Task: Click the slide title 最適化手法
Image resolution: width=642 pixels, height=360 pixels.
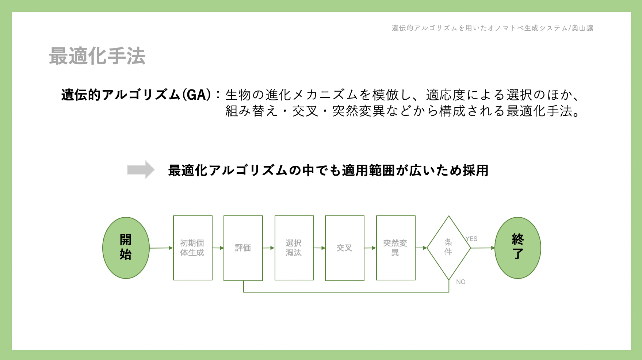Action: click(97, 56)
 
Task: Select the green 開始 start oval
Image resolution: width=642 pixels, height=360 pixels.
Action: click(126, 248)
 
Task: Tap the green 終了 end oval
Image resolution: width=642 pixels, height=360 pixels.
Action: click(518, 248)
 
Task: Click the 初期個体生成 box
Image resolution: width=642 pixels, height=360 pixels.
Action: click(193, 248)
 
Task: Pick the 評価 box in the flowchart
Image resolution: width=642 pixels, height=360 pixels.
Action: click(243, 248)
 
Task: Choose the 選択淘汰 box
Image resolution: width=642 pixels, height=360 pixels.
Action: click(294, 248)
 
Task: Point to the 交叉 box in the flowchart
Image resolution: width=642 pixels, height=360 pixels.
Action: click(345, 248)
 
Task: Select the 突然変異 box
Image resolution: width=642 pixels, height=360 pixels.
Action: click(396, 248)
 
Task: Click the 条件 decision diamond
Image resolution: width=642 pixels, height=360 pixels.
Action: click(449, 248)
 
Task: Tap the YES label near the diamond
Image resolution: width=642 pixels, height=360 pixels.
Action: click(471, 239)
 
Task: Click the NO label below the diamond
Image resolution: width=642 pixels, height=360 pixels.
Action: click(461, 282)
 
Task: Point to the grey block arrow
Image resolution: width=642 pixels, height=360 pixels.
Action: click(141, 170)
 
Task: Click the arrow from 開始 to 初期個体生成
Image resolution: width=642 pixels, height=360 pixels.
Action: click(161, 248)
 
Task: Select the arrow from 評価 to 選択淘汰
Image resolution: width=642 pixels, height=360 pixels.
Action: click(269, 248)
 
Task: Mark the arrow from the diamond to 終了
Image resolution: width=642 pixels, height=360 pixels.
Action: click(483, 248)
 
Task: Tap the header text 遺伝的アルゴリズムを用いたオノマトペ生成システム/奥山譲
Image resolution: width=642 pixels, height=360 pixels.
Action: click(493, 28)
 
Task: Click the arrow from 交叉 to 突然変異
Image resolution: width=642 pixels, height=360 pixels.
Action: click(370, 248)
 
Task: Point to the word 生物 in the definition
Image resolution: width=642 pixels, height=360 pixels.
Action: click(238, 95)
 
